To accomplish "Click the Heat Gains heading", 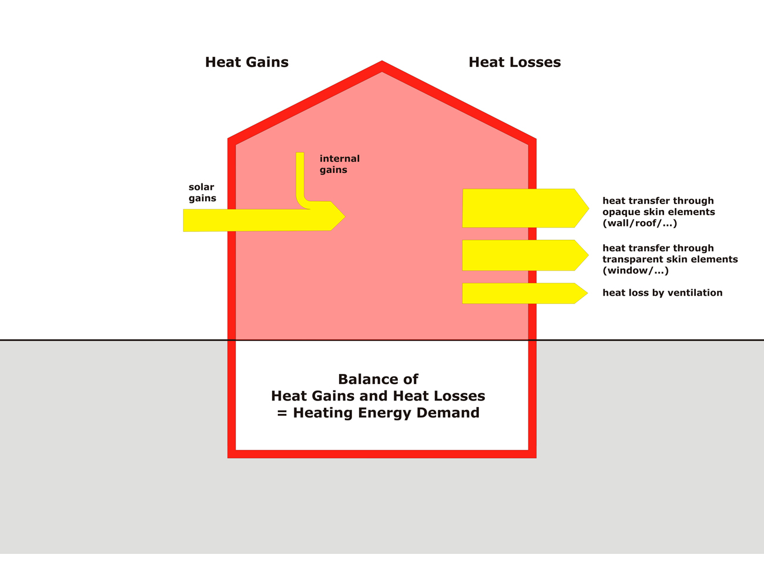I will tap(247, 62).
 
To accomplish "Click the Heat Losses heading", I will tap(514, 62).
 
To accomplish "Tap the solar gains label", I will tap(202, 193).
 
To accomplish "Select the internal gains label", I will tap(339, 164).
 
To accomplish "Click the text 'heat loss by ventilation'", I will tap(662, 293).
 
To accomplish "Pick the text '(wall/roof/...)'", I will tap(639, 223).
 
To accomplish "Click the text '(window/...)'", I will tap(635, 270).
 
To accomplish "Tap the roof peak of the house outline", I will tap(382, 65).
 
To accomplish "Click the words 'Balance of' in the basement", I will tap(378, 379).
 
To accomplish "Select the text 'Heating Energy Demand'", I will tap(386, 413).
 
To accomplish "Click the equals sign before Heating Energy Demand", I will tap(282, 413).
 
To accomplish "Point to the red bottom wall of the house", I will tap(382, 454).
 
